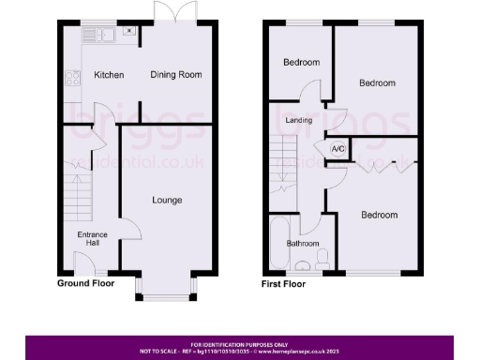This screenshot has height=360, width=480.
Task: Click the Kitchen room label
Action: tap(109, 75)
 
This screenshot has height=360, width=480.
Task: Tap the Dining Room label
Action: tap(176, 75)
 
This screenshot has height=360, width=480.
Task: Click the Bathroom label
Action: tap(303, 244)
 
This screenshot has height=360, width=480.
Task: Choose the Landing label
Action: tap(299, 121)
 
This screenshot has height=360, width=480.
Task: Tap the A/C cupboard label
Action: tap(336, 148)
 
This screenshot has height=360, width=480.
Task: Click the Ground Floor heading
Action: tap(86, 283)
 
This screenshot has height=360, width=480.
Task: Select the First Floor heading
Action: tap(284, 283)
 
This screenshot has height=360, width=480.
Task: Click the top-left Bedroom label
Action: tap(301, 63)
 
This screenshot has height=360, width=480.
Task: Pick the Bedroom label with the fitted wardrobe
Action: tap(379, 215)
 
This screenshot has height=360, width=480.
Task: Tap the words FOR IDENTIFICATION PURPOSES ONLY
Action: tap(240, 344)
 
